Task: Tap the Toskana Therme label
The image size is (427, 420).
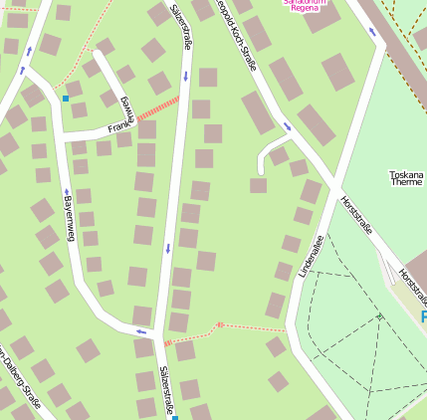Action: [405, 178]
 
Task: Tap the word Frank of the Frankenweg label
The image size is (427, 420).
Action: [119, 127]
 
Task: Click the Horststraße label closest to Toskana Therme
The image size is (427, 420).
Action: [356, 214]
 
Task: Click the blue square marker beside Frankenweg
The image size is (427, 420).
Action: [66, 99]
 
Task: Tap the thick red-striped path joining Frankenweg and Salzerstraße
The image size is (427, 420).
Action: [158, 107]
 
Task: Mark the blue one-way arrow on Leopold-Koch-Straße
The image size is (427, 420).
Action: [287, 126]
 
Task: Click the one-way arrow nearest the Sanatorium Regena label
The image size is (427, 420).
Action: [372, 31]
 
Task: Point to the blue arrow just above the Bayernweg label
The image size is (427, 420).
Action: [66, 191]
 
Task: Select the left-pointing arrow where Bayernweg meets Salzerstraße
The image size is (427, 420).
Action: [141, 331]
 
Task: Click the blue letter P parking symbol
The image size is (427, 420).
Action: [423, 316]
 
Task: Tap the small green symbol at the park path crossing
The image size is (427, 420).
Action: [378, 316]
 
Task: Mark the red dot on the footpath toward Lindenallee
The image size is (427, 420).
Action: [220, 324]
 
